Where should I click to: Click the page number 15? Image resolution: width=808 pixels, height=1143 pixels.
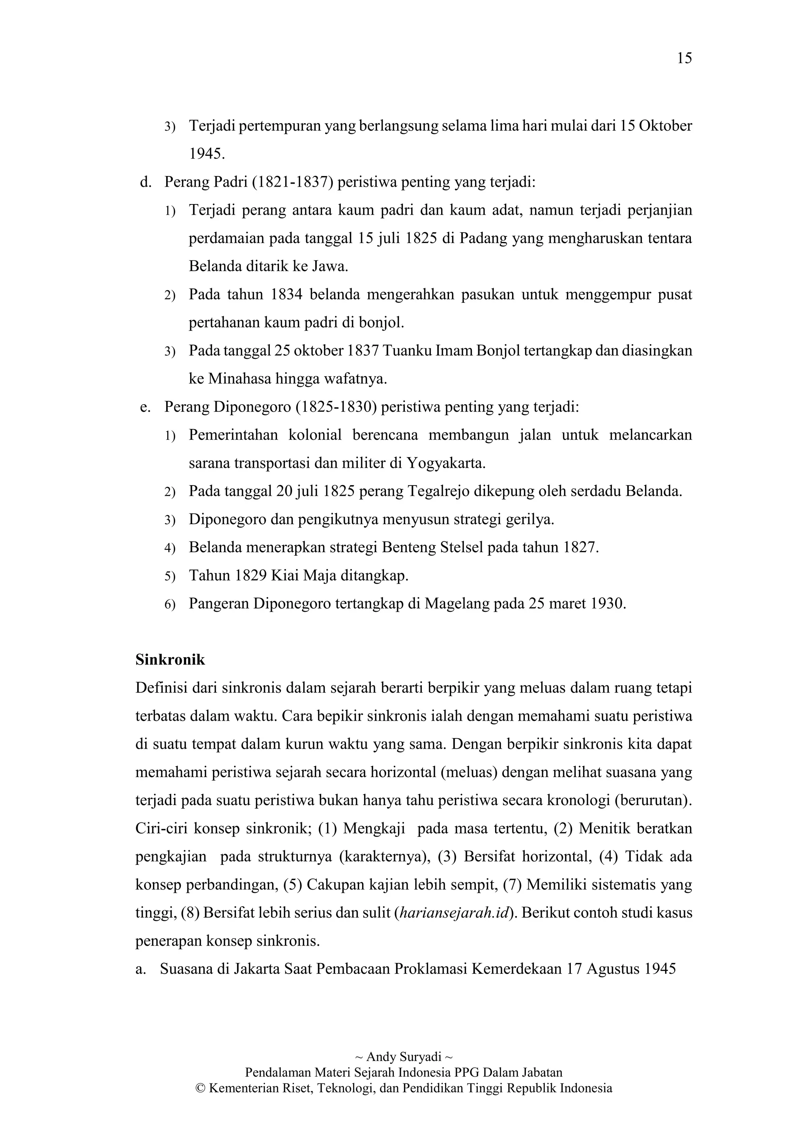coord(684,59)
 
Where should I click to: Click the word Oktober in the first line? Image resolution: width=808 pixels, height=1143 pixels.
coord(665,126)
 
